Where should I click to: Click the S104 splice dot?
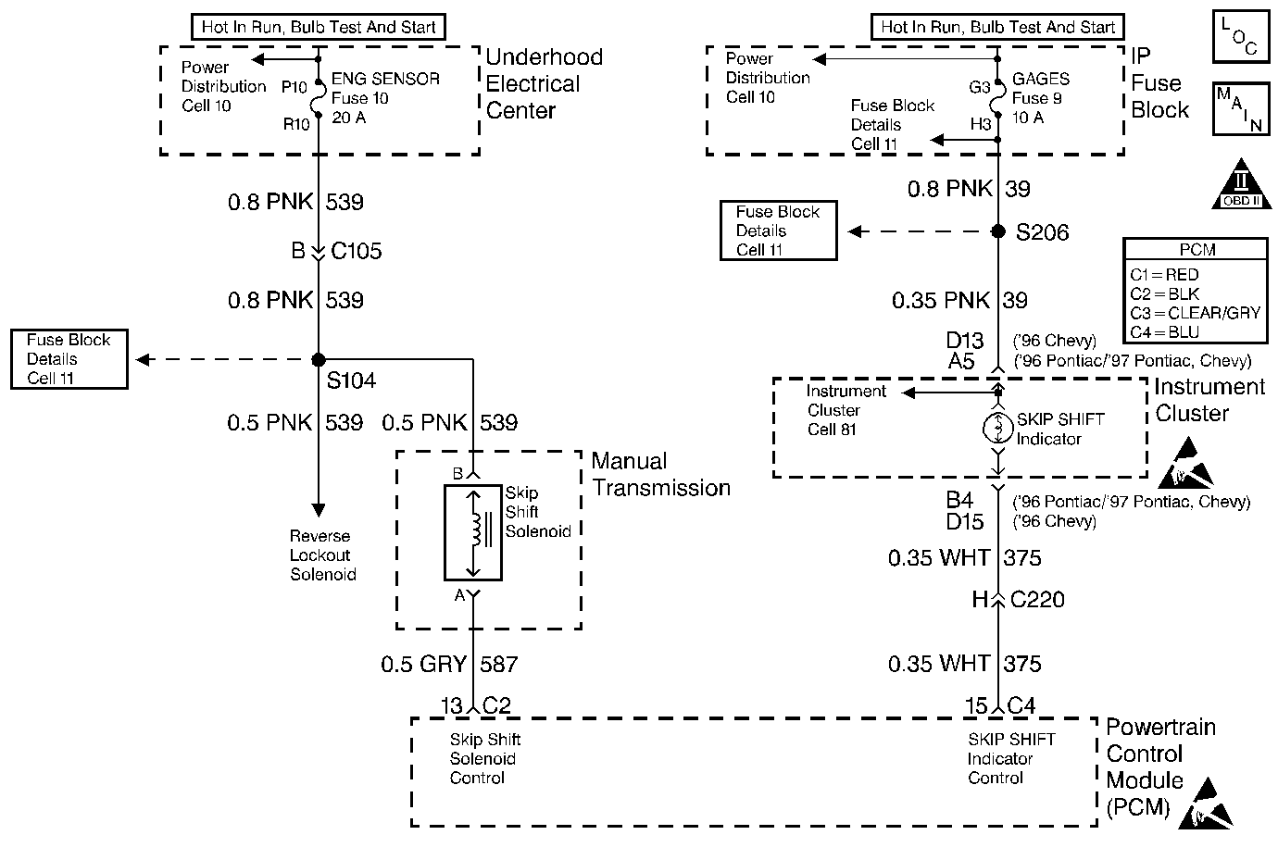(x=318, y=359)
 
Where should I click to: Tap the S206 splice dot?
(x=998, y=231)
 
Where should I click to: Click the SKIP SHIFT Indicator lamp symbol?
(x=998, y=428)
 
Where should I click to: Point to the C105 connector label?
(x=356, y=251)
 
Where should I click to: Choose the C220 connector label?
(x=1037, y=600)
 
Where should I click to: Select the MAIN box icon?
(x=1238, y=108)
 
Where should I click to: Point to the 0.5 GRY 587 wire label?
(x=449, y=664)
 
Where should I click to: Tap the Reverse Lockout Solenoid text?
(x=322, y=555)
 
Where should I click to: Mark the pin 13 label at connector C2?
(x=450, y=706)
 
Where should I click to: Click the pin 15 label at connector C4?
(x=976, y=706)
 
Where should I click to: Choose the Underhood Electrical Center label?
(x=544, y=83)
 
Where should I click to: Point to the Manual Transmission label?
(x=660, y=474)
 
